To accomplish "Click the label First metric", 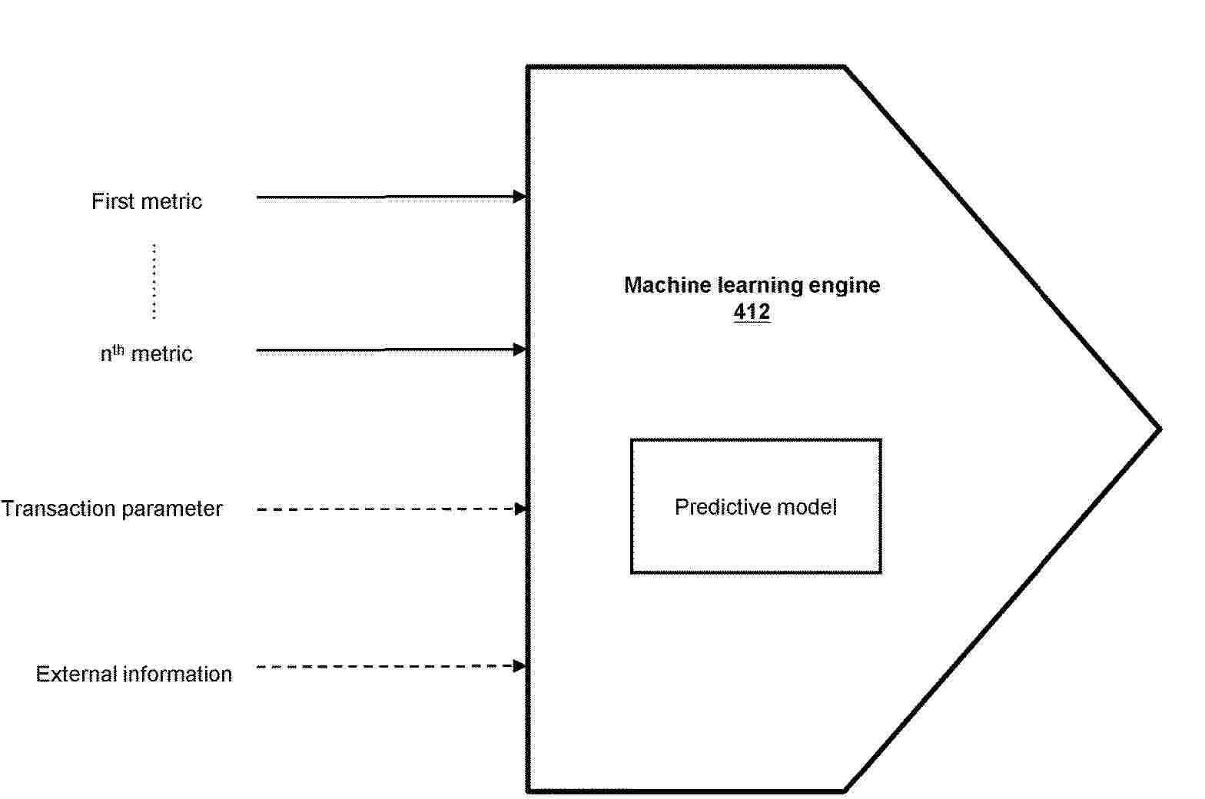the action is tap(146, 201).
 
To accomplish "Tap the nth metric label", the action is tap(146, 353).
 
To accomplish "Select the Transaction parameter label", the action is tap(112, 509).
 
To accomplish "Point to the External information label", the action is tap(134, 674).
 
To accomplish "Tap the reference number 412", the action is tap(752, 312).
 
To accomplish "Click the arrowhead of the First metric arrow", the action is tap(520, 197).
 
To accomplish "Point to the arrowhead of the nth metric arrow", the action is tap(520, 350).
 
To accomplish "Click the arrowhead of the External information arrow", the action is tap(520, 666).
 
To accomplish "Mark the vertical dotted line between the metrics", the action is tap(154, 281).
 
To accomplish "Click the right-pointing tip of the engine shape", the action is tap(1160, 429).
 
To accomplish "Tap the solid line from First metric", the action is tap(385, 197).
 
